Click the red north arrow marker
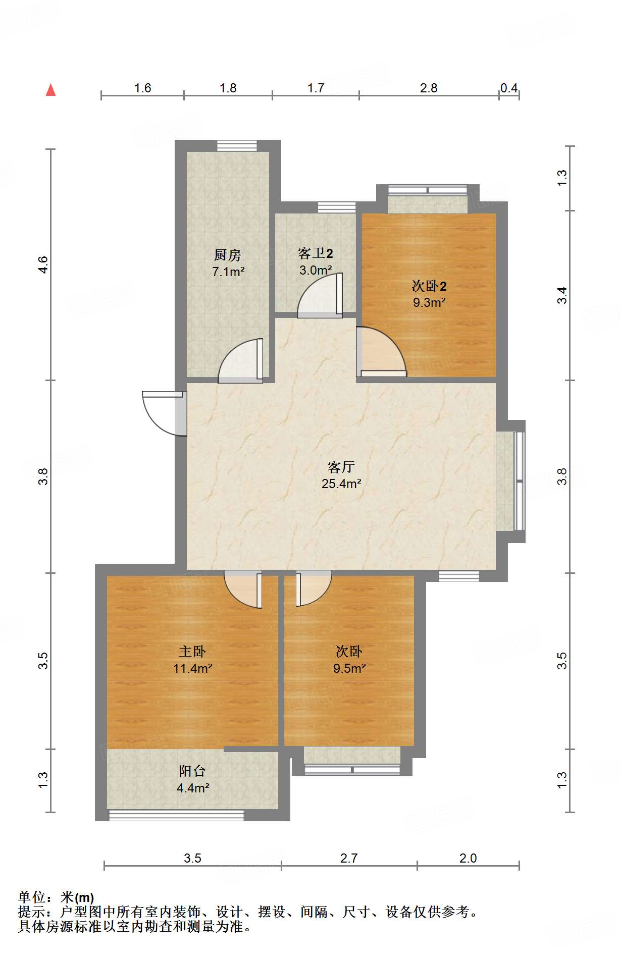tap(50, 90)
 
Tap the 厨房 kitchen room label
tap(228, 255)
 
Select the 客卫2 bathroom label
tap(316, 253)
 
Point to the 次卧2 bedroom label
tap(429, 286)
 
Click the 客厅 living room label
tap(341, 467)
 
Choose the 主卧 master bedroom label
tap(192, 652)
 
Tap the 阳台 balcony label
tap(192, 771)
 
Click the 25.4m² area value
tap(341, 484)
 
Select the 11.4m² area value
tap(192, 668)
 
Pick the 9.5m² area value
tap(349, 668)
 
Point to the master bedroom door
tap(243, 590)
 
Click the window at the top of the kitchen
tap(237, 146)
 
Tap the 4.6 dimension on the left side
tap(43, 264)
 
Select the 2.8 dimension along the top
tap(429, 88)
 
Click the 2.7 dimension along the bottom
tap(349, 858)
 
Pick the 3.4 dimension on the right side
tap(562, 295)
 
